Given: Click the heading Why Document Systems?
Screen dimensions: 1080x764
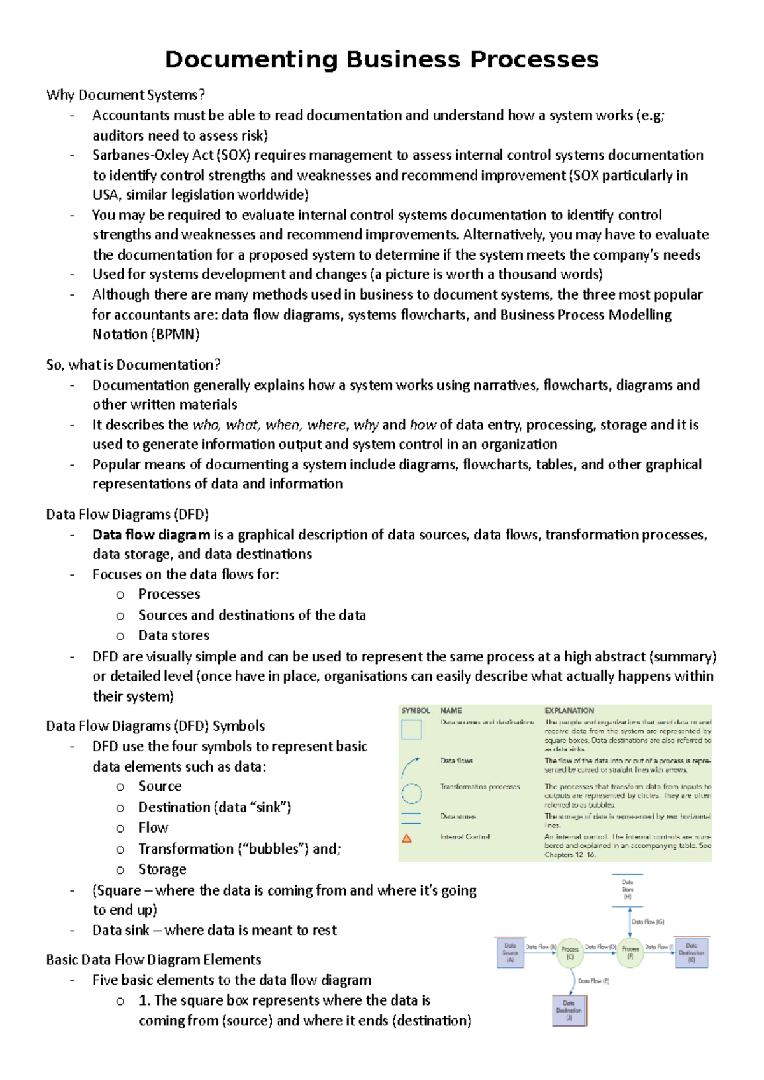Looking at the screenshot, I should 125,95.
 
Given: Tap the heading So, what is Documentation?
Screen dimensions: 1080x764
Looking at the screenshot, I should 133,364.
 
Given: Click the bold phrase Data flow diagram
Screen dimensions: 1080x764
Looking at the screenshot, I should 151,535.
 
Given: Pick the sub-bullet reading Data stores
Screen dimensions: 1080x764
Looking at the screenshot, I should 174,635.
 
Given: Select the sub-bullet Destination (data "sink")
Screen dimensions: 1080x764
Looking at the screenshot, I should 215,807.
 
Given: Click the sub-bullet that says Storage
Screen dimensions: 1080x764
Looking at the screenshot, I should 162,869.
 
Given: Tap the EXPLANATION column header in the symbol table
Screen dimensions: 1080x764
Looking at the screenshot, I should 569,710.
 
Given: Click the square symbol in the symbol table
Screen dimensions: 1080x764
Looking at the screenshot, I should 411,730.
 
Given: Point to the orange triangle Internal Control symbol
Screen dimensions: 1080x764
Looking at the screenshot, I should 407,839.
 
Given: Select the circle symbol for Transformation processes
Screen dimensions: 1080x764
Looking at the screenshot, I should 412,793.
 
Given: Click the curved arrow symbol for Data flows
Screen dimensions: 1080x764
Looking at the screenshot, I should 410,767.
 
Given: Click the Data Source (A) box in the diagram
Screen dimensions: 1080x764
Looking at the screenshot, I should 510,953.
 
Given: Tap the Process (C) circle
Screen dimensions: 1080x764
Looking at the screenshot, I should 570,952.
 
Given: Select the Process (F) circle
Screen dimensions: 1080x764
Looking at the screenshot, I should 630,952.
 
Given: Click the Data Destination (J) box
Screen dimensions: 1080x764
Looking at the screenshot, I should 569,1010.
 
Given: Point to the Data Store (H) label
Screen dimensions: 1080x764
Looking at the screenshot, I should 627,889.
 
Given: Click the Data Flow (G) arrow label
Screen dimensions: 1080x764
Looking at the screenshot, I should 647,922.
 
